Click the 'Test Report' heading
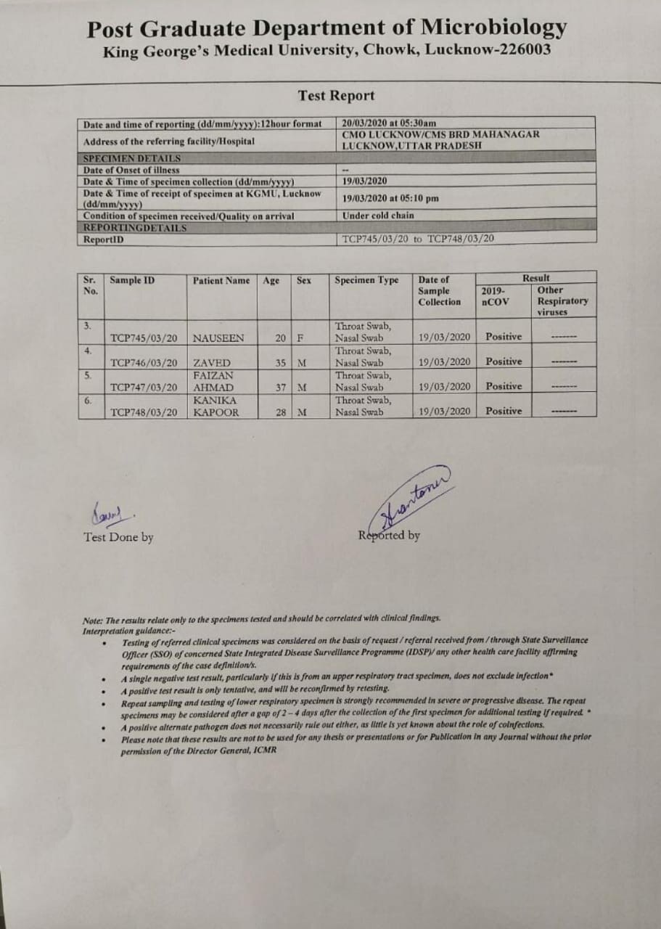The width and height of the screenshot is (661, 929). (336, 96)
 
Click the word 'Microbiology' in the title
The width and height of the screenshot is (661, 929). (493, 28)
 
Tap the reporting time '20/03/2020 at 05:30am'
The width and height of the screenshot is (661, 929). (389, 123)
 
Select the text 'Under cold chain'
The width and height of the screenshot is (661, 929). (378, 216)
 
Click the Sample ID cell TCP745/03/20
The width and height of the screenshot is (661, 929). (144, 337)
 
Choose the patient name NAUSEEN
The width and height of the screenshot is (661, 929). (218, 337)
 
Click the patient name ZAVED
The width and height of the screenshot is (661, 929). (212, 362)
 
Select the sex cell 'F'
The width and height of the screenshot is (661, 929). (300, 337)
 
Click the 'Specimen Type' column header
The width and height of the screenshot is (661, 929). (366, 280)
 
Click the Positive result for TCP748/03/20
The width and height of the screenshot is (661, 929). (504, 411)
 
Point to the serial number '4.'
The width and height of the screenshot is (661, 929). (88, 351)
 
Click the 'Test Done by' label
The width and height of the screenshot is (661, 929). (118, 538)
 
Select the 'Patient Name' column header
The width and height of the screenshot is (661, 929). (221, 280)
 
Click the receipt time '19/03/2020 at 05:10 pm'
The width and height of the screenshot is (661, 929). (390, 198)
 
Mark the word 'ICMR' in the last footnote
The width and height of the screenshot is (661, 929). (265, 750)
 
